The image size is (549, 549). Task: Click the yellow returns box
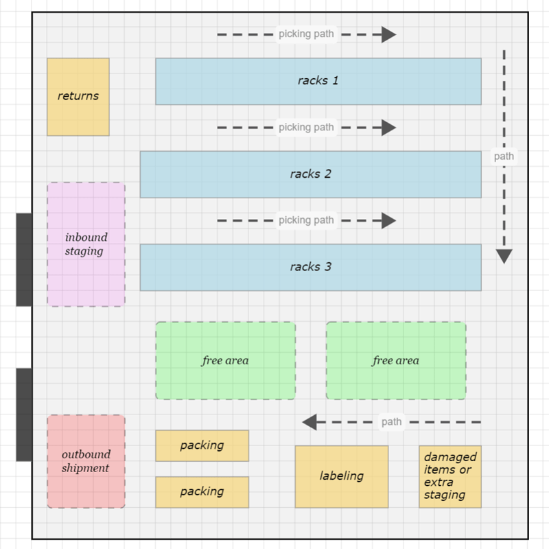click(78, 97)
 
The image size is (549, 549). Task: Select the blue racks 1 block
click(318, 81)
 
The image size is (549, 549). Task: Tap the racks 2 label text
click(310, 174)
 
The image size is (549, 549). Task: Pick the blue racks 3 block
click(310, 267)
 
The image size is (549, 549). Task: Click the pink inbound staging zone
click(86, 244)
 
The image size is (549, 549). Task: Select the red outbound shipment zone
click(86, 461)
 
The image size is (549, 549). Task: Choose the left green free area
click(225, 360)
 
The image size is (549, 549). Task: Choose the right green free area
click(395, 360)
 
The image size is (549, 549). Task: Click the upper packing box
click(202, 445)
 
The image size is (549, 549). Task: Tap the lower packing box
click(202, 492)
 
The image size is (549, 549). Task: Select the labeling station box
click(341, 476)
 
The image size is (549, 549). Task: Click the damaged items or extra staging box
click(449, 476)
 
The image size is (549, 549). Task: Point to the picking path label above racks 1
click(306, 34)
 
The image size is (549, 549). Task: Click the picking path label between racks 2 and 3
click(306, 220)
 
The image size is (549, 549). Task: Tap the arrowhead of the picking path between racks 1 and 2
click(390, 128)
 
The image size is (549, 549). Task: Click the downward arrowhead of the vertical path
click(504, 257)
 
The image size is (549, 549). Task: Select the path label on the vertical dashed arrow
click(504, 156)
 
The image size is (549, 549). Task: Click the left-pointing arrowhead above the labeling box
click(309, 422)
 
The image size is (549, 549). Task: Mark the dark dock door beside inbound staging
click(24, 259)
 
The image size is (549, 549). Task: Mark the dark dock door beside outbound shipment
click(24, 414)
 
